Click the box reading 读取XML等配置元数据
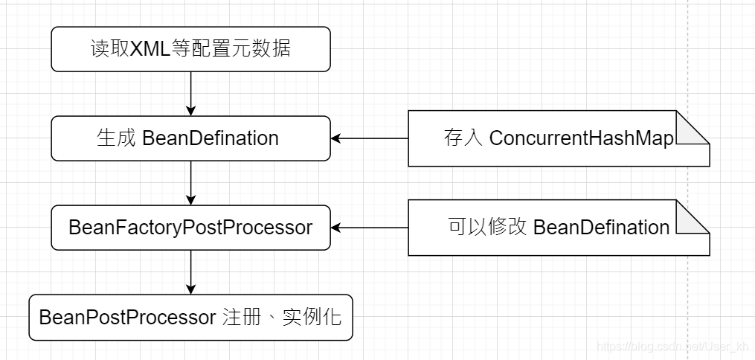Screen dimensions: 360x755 tap(190, 49)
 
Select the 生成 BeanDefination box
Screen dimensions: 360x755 tap(190, 138)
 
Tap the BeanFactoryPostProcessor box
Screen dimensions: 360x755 tap(190, 227)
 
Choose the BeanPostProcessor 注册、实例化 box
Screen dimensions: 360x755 tap(190, 318)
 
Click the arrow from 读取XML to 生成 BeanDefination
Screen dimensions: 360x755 tap(191, 93)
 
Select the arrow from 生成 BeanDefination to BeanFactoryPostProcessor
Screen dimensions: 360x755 tap(191, 182)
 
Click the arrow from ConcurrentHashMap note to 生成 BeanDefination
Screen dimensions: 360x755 tap(370, 138)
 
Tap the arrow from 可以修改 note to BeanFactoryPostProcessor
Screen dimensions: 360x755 tap(370, 227)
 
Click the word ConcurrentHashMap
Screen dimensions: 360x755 tap(581, 139)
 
